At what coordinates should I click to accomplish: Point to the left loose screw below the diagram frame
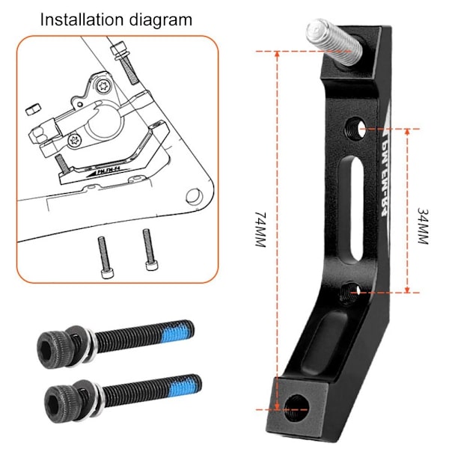click(105, 257)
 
